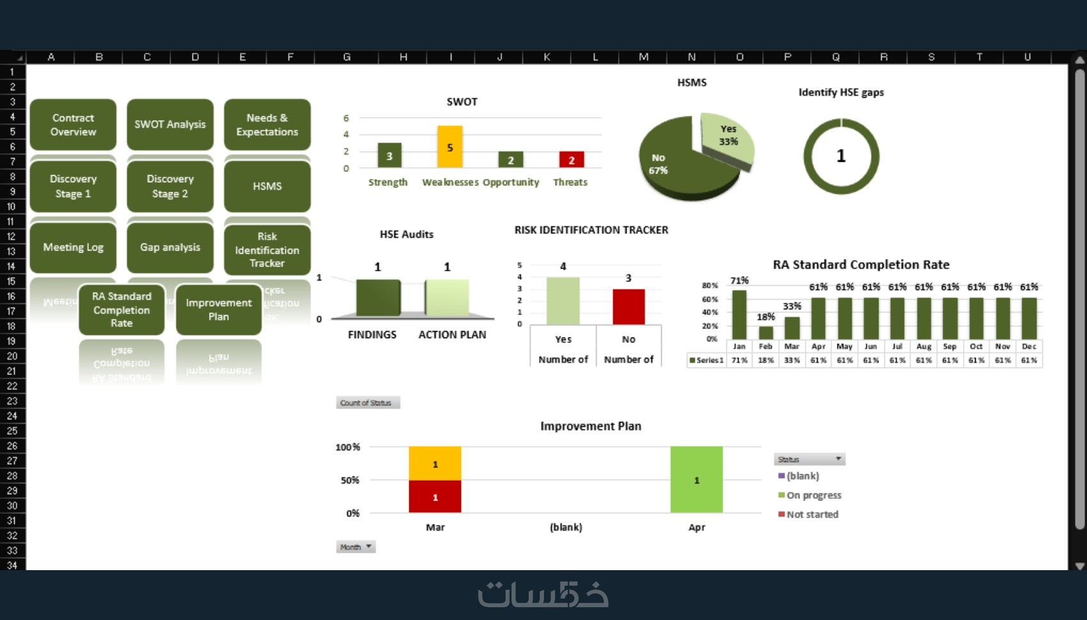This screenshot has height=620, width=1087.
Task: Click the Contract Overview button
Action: [73, 125]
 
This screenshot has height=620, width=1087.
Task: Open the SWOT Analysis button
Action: [170, 125]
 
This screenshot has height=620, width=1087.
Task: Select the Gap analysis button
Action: [170, 247]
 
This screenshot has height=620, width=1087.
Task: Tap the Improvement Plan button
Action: [219, 310]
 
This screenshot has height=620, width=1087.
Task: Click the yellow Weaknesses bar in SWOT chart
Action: [450, 147]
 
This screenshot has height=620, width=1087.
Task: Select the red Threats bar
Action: [571, 160]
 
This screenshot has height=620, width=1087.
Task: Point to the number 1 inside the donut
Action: [841, 156]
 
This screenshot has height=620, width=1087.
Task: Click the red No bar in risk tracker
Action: [629, 307]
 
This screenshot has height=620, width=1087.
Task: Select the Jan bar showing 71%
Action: [739, 314]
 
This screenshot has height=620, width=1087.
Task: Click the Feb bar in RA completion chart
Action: [765, 332]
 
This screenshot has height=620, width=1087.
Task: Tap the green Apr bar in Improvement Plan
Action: [696, 479]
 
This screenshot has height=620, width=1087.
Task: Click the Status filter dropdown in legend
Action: [838, 460]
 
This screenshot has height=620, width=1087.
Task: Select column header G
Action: [347, 57]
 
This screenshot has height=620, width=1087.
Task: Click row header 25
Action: [12, 431]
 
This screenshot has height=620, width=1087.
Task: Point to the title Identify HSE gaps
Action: [841, 92]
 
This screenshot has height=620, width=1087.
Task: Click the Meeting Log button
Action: [73, 247]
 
